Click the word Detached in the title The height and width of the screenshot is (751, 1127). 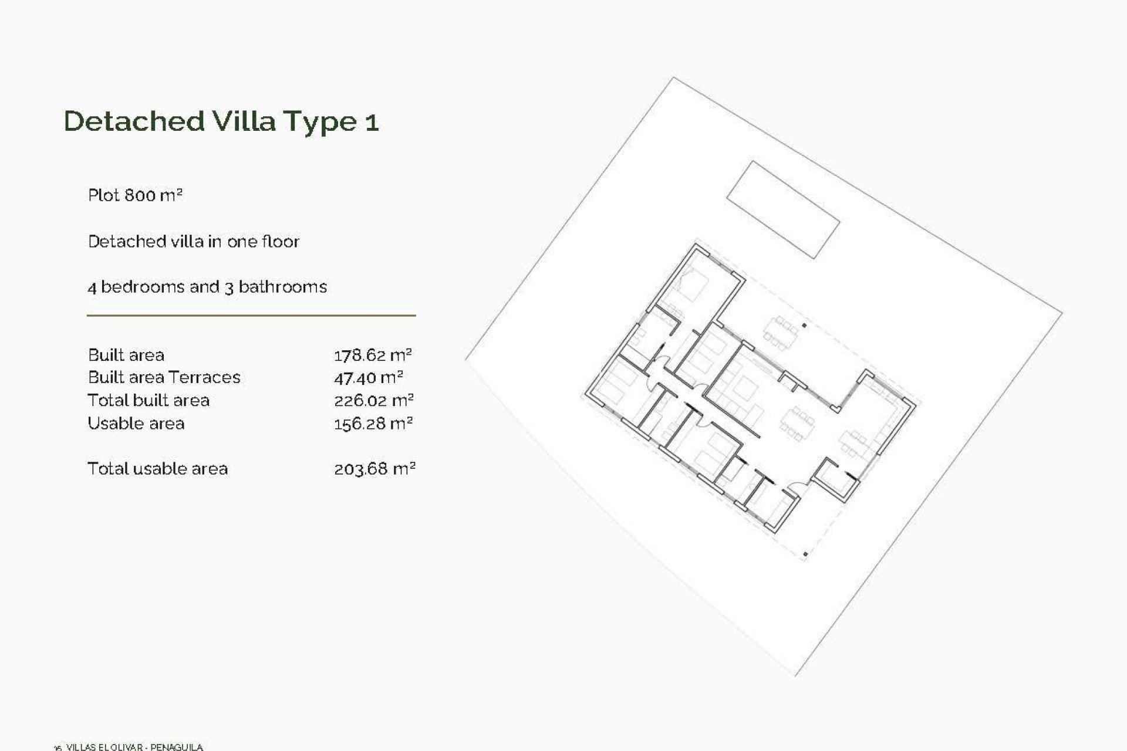(x=134, y=121)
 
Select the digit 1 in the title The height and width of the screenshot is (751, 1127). (x=372, y=122)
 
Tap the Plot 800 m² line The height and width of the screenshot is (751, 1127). (x=135, y=195)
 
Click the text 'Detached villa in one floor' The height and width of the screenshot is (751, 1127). (x=194, y=241)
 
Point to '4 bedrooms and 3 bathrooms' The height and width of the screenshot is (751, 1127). (x=207, y=287)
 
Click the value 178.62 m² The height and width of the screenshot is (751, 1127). (x=373, y=355)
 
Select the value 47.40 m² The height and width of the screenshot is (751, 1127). (x=368, y=378)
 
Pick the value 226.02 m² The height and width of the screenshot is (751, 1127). (x=374, y=401)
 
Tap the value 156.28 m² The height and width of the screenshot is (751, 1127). (x=373, y=424)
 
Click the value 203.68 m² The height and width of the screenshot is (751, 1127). (x=374, y=469)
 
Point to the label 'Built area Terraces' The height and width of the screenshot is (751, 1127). (x=164, y=377)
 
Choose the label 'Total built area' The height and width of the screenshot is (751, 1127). (x=149, y=400)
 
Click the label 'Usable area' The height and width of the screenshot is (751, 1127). (x=136, y=423)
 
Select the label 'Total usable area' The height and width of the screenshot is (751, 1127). (x=157, y=468)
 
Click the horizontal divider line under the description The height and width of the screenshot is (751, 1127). (x=251, y=316)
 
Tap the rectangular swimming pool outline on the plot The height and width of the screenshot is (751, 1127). (x=783, y=209)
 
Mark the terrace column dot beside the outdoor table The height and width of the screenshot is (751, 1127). (x=804, y=325)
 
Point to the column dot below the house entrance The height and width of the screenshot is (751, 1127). (x=805, y=553)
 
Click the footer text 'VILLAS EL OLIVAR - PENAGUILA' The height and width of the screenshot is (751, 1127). (x=134, y=747)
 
